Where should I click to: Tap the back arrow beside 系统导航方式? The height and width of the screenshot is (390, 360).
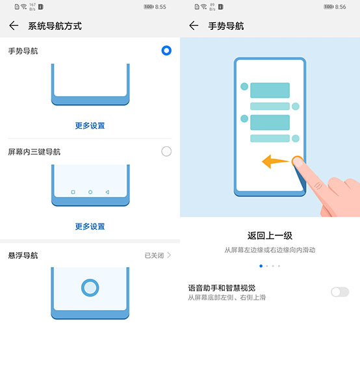tap(14, 25)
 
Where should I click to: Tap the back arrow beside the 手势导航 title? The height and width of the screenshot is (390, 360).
tap(194, 25)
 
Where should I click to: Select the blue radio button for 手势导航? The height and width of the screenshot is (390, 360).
tap(166, 51)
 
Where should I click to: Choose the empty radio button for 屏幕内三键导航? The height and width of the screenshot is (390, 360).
tap(166, 151)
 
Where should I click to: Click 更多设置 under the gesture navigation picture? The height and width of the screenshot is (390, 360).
tap(90, 125)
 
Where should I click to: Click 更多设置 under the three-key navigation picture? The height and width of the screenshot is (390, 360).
tap(90, 226)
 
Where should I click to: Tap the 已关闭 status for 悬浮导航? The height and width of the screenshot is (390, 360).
tap(154, 255)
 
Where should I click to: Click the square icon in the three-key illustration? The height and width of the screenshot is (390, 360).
tap(73, 192)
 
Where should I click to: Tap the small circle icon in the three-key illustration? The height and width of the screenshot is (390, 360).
tap(90, 192)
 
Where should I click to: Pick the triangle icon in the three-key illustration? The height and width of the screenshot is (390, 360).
tap(107, 192)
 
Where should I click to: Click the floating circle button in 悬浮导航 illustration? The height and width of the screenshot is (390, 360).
tap(90, 288)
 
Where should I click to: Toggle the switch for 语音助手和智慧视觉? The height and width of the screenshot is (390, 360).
tap(340, 292)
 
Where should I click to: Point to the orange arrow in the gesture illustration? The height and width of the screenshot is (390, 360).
tap(276, 161)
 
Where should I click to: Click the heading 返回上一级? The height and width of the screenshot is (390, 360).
tap(270, 235)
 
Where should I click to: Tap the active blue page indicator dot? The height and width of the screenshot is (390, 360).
tap(261, 266)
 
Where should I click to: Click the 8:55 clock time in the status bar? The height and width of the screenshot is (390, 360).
tap(161, 7)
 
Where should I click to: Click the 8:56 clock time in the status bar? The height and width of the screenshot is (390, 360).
tap(341, 7)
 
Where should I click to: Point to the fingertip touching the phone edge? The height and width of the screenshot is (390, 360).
tap(298, 162)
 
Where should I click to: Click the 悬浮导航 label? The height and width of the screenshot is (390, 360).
tap(23, 255)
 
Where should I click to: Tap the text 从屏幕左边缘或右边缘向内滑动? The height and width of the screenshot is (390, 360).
tap(270, 250)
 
